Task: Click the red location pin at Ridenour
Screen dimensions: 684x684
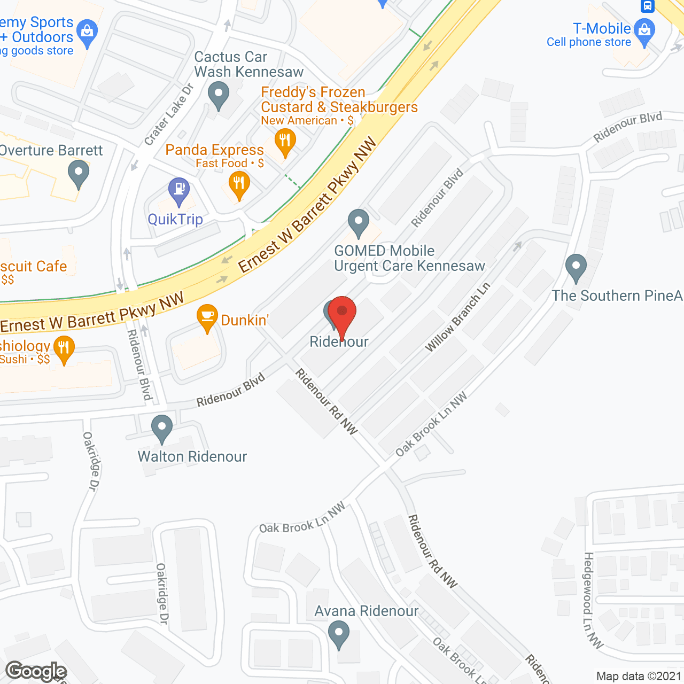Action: pos(342,313)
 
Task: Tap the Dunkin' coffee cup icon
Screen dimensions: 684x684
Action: pos(207,317)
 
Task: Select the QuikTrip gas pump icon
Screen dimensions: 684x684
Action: pos(179,190)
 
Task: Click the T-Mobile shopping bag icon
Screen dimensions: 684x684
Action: pos(644,30)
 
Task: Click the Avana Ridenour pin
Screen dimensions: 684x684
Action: pos(338,634)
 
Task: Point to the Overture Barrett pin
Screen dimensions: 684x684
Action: pos(79,173)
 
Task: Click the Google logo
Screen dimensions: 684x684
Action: pos(36,671)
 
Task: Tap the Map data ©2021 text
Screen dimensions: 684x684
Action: pos(639,677)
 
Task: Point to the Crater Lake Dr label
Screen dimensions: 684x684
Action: pos(169,114)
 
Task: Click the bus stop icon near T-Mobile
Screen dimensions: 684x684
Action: pos(647,6)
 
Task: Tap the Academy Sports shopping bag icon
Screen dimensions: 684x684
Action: pos(87,32)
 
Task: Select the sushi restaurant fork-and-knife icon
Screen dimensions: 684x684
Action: pos(64,348)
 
